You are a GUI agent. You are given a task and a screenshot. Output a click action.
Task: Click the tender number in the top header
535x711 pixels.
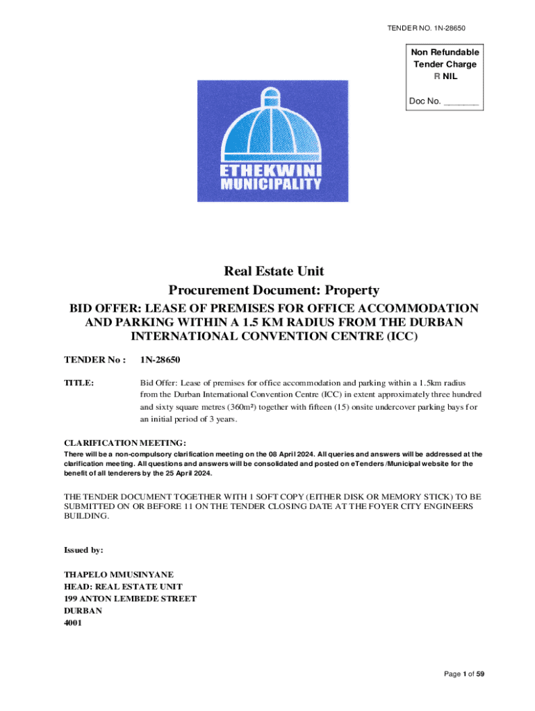pos(426,28)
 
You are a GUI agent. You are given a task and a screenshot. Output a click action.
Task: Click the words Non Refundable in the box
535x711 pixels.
pos(445,52)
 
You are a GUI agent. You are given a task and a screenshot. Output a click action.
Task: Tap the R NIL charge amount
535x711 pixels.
pos(445,76)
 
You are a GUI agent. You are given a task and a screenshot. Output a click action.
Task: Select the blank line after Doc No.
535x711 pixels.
pos(461,101)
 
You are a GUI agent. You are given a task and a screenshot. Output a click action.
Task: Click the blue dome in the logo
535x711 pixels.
pos(272,126)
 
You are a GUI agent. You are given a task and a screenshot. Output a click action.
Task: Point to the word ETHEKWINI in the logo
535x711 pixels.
pos(271,170)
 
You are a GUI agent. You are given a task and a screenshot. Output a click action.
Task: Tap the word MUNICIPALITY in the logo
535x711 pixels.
pos(271,184)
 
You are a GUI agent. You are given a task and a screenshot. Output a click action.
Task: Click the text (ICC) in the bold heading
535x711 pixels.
pos(402,337)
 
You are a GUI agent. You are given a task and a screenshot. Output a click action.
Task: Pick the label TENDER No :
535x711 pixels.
pos(94,360)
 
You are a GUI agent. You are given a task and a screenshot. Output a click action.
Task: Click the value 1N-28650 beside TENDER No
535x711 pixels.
pos(160,360)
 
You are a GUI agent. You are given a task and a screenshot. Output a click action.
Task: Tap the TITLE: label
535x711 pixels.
pos(79,383)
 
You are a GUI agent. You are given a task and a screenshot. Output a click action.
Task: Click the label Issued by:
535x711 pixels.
pos(83,550)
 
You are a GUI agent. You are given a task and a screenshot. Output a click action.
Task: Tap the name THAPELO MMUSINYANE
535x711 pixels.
pos(119,574)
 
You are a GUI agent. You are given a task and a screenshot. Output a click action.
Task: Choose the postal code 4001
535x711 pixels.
pos(73,623)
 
